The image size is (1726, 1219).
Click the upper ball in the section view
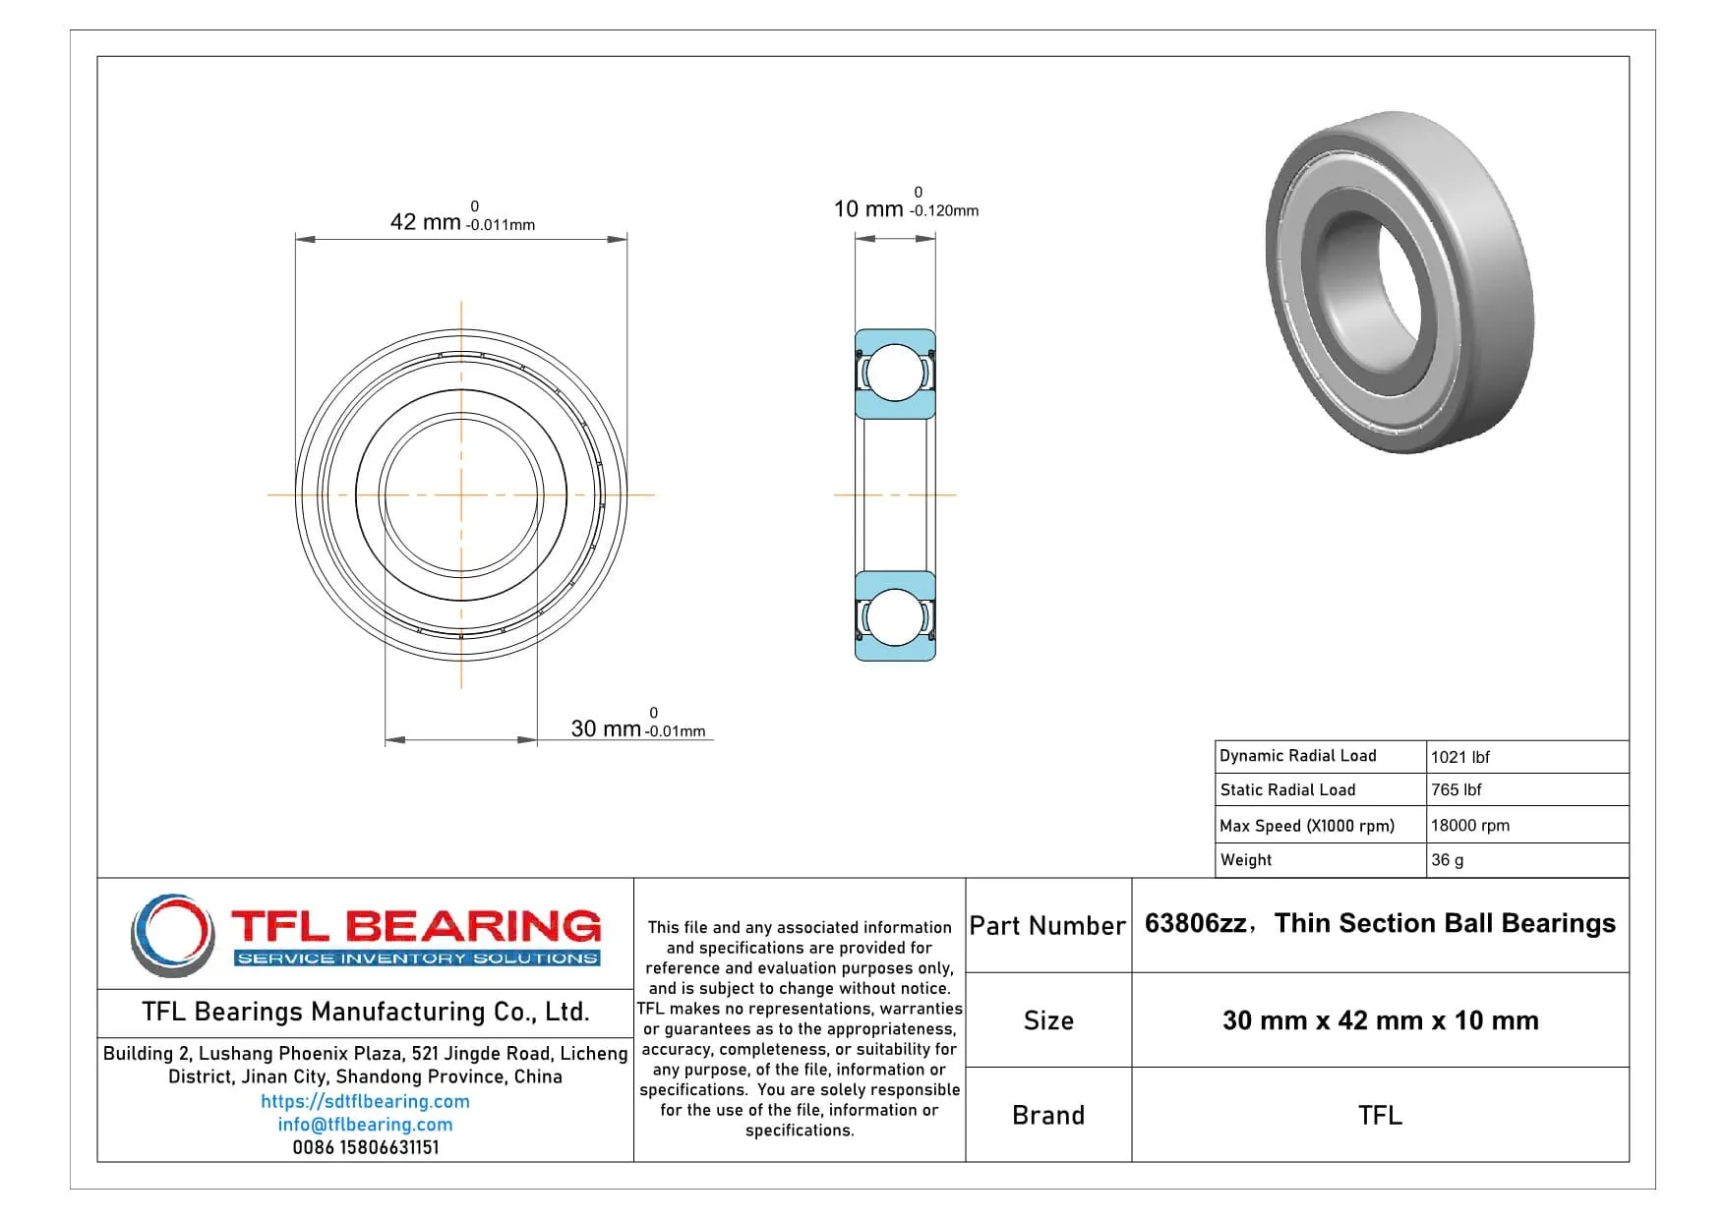[x=895, y=373]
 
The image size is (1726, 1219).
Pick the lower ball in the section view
[x=895, y=616]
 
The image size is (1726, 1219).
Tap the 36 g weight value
[x=1447, y=860]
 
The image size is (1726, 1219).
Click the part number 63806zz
[x=1195, y=923]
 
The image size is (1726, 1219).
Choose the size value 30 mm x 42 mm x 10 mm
[x=1380, y=1020]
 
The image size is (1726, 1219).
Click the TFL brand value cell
[x=1380, y=1115]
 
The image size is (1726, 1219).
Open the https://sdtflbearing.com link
[x=365, y=1101]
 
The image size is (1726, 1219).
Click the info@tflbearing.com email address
[x=365, y=1124]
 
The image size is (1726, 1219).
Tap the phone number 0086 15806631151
[x=365, y=1147]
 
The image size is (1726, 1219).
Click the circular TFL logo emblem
[x=172, y=934]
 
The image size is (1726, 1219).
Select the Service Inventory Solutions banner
[x=418, y=958]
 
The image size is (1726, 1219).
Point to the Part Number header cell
[x=1047, y=925]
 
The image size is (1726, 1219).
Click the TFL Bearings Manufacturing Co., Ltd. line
[x=365, y=1012]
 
